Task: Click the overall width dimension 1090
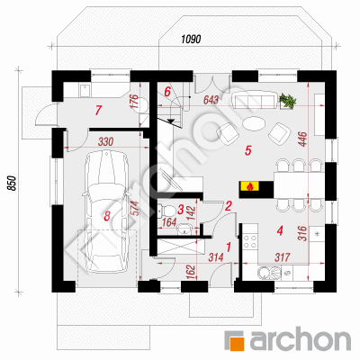point(191,39)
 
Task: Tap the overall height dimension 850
point(11,183)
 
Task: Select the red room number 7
point(97,111)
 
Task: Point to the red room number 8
point(107,215)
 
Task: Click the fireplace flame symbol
point(248,186)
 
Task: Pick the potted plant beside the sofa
point(287,101)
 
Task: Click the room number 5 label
point(247,150)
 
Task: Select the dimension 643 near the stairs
point(211,100)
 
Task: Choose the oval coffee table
point(254,123)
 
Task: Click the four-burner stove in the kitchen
point(251,242)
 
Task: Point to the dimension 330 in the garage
point(105,141)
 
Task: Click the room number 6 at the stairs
point(167,91)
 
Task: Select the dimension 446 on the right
point(303,139)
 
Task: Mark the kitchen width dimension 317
point(282,257)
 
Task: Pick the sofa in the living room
point(255,101)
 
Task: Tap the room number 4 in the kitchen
point(280,230)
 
